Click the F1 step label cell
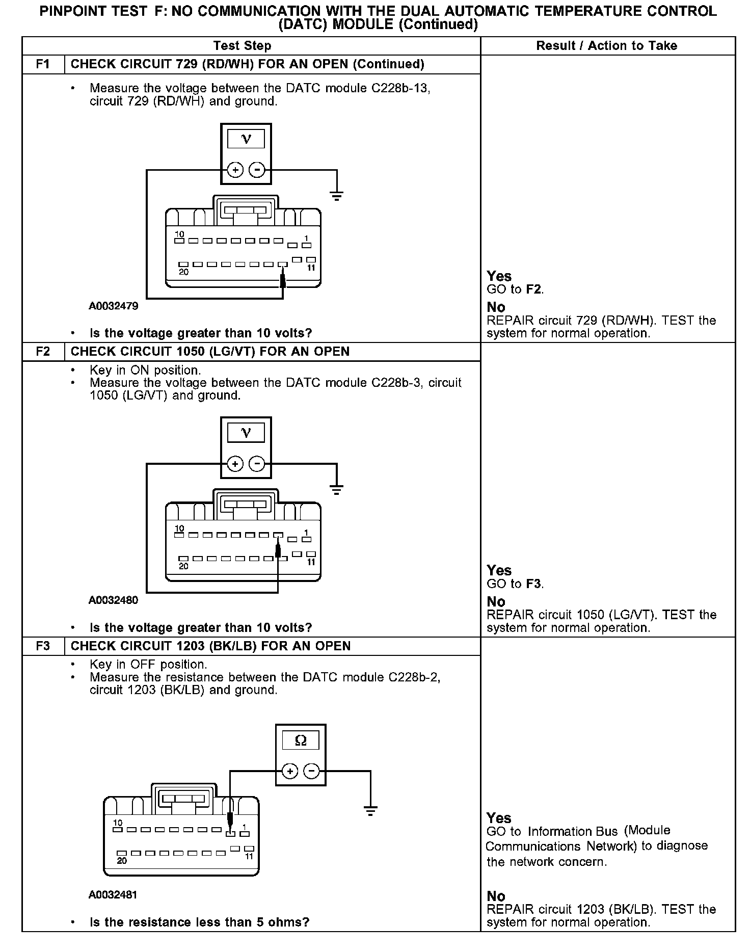coord(43,64)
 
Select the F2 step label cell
coord(43,352)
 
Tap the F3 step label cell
coord(43,646)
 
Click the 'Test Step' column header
coord(242,46)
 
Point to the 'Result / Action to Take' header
coord(606,46)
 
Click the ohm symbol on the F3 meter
coord(301,741)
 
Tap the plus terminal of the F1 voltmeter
coord(235,170)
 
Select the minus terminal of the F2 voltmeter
coord(257,464)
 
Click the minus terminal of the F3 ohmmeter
coord(312,771)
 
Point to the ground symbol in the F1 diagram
coord(336,195)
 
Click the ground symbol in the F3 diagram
coord(370,810)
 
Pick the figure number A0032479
coord(113,306)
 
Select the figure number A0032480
coord(113,600)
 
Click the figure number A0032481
coord(113,895)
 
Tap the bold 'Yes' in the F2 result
coord(499,570)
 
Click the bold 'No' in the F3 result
coord(496,896)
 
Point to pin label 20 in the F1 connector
coord(183,272)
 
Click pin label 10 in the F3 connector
coord(118,823)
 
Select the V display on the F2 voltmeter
coord(246,433)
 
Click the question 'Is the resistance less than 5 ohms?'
coord(199,922)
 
